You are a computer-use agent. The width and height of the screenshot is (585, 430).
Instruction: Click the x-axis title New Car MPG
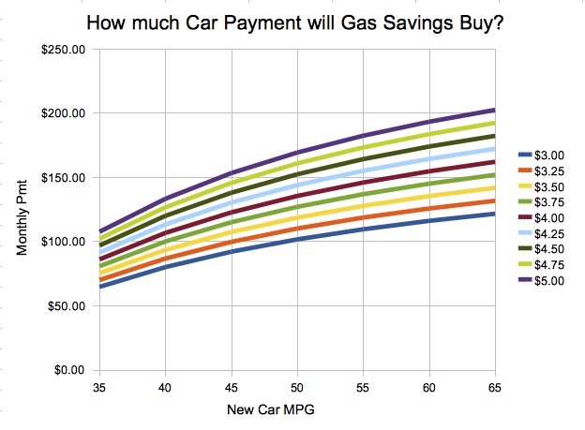(296, 410)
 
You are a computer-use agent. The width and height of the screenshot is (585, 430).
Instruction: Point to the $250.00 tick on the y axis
(63, 50)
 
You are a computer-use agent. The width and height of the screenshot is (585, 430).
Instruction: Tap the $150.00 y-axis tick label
(63, 178)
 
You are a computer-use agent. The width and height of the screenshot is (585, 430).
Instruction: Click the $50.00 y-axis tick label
(66, 306)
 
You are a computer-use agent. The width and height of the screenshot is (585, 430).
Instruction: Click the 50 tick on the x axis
(296, 385)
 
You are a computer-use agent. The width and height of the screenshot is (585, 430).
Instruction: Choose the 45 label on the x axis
(230, 385)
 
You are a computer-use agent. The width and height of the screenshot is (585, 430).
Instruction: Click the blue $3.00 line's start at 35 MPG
(98, 287)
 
